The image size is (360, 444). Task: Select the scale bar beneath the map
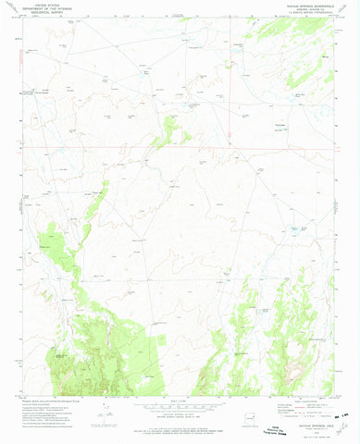point(180,404)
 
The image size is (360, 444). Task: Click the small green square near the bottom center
point(163,343)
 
